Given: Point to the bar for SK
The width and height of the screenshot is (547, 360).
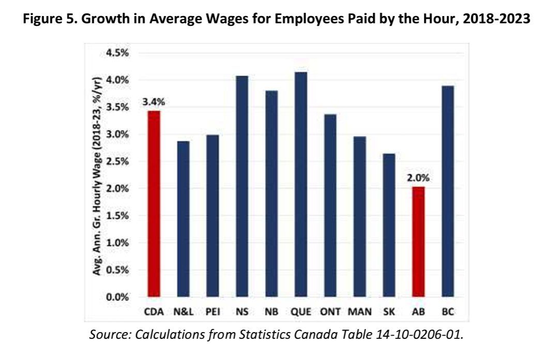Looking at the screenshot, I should tap(389, 225).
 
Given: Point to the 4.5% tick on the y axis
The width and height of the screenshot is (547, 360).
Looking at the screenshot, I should tap(117, 53).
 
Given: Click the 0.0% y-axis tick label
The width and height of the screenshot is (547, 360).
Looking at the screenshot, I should tap(117, 297).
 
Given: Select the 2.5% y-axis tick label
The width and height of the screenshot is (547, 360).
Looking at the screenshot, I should tap(117, 162).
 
